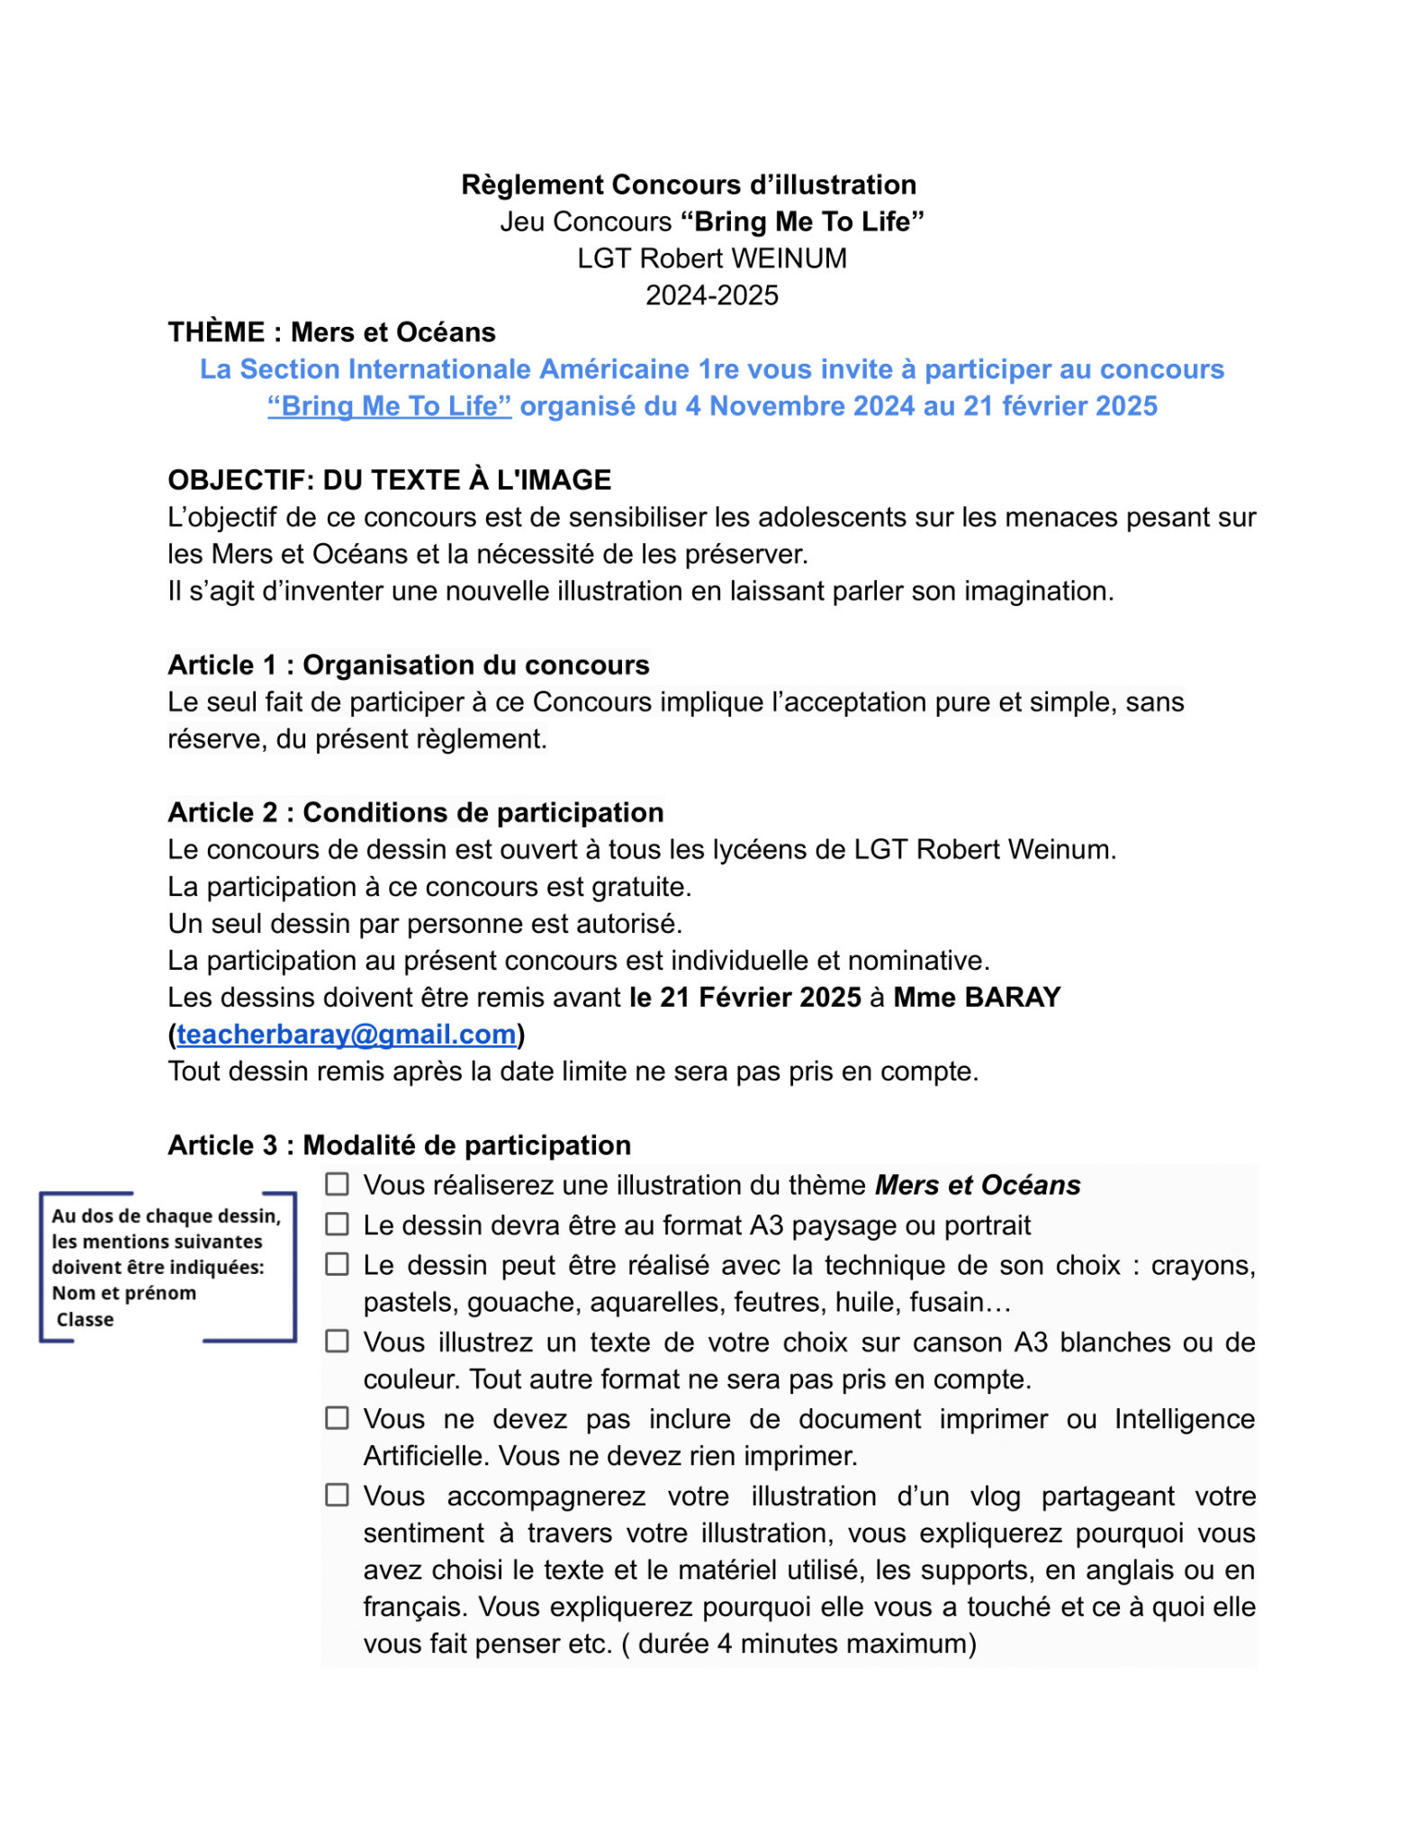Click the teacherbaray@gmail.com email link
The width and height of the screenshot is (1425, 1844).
(347, 1035)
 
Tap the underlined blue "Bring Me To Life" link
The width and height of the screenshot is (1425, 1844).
(390, 406)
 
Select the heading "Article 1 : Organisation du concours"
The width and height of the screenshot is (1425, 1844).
(409, 665)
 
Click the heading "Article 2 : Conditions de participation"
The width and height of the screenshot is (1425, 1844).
(416, 813)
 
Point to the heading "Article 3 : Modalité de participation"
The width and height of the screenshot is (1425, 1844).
(400, 1145)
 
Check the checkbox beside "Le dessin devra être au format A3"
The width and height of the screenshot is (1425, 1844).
(337, 1225)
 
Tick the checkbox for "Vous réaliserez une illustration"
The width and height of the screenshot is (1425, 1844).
(337, 1184)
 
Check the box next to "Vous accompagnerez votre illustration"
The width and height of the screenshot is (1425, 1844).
(337, 1496)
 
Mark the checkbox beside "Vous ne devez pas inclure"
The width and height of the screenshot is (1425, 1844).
(337, 1418)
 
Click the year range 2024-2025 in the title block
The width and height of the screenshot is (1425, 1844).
(712, 295)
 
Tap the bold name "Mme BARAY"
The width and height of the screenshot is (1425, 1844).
(977, 998)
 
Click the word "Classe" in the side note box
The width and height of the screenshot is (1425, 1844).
(86, 1320)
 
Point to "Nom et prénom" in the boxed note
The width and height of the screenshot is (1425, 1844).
(124, 1294)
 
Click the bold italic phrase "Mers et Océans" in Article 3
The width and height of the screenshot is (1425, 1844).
(978, 1185)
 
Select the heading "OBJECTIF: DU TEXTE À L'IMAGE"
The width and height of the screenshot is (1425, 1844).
(390, 480)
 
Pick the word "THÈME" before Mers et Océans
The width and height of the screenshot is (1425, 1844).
(217, 332)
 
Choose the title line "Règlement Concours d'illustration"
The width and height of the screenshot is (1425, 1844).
(689, 185)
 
